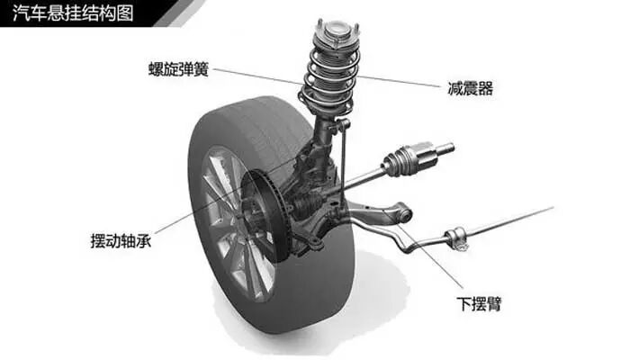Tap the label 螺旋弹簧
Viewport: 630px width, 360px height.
[x=180, y=68]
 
